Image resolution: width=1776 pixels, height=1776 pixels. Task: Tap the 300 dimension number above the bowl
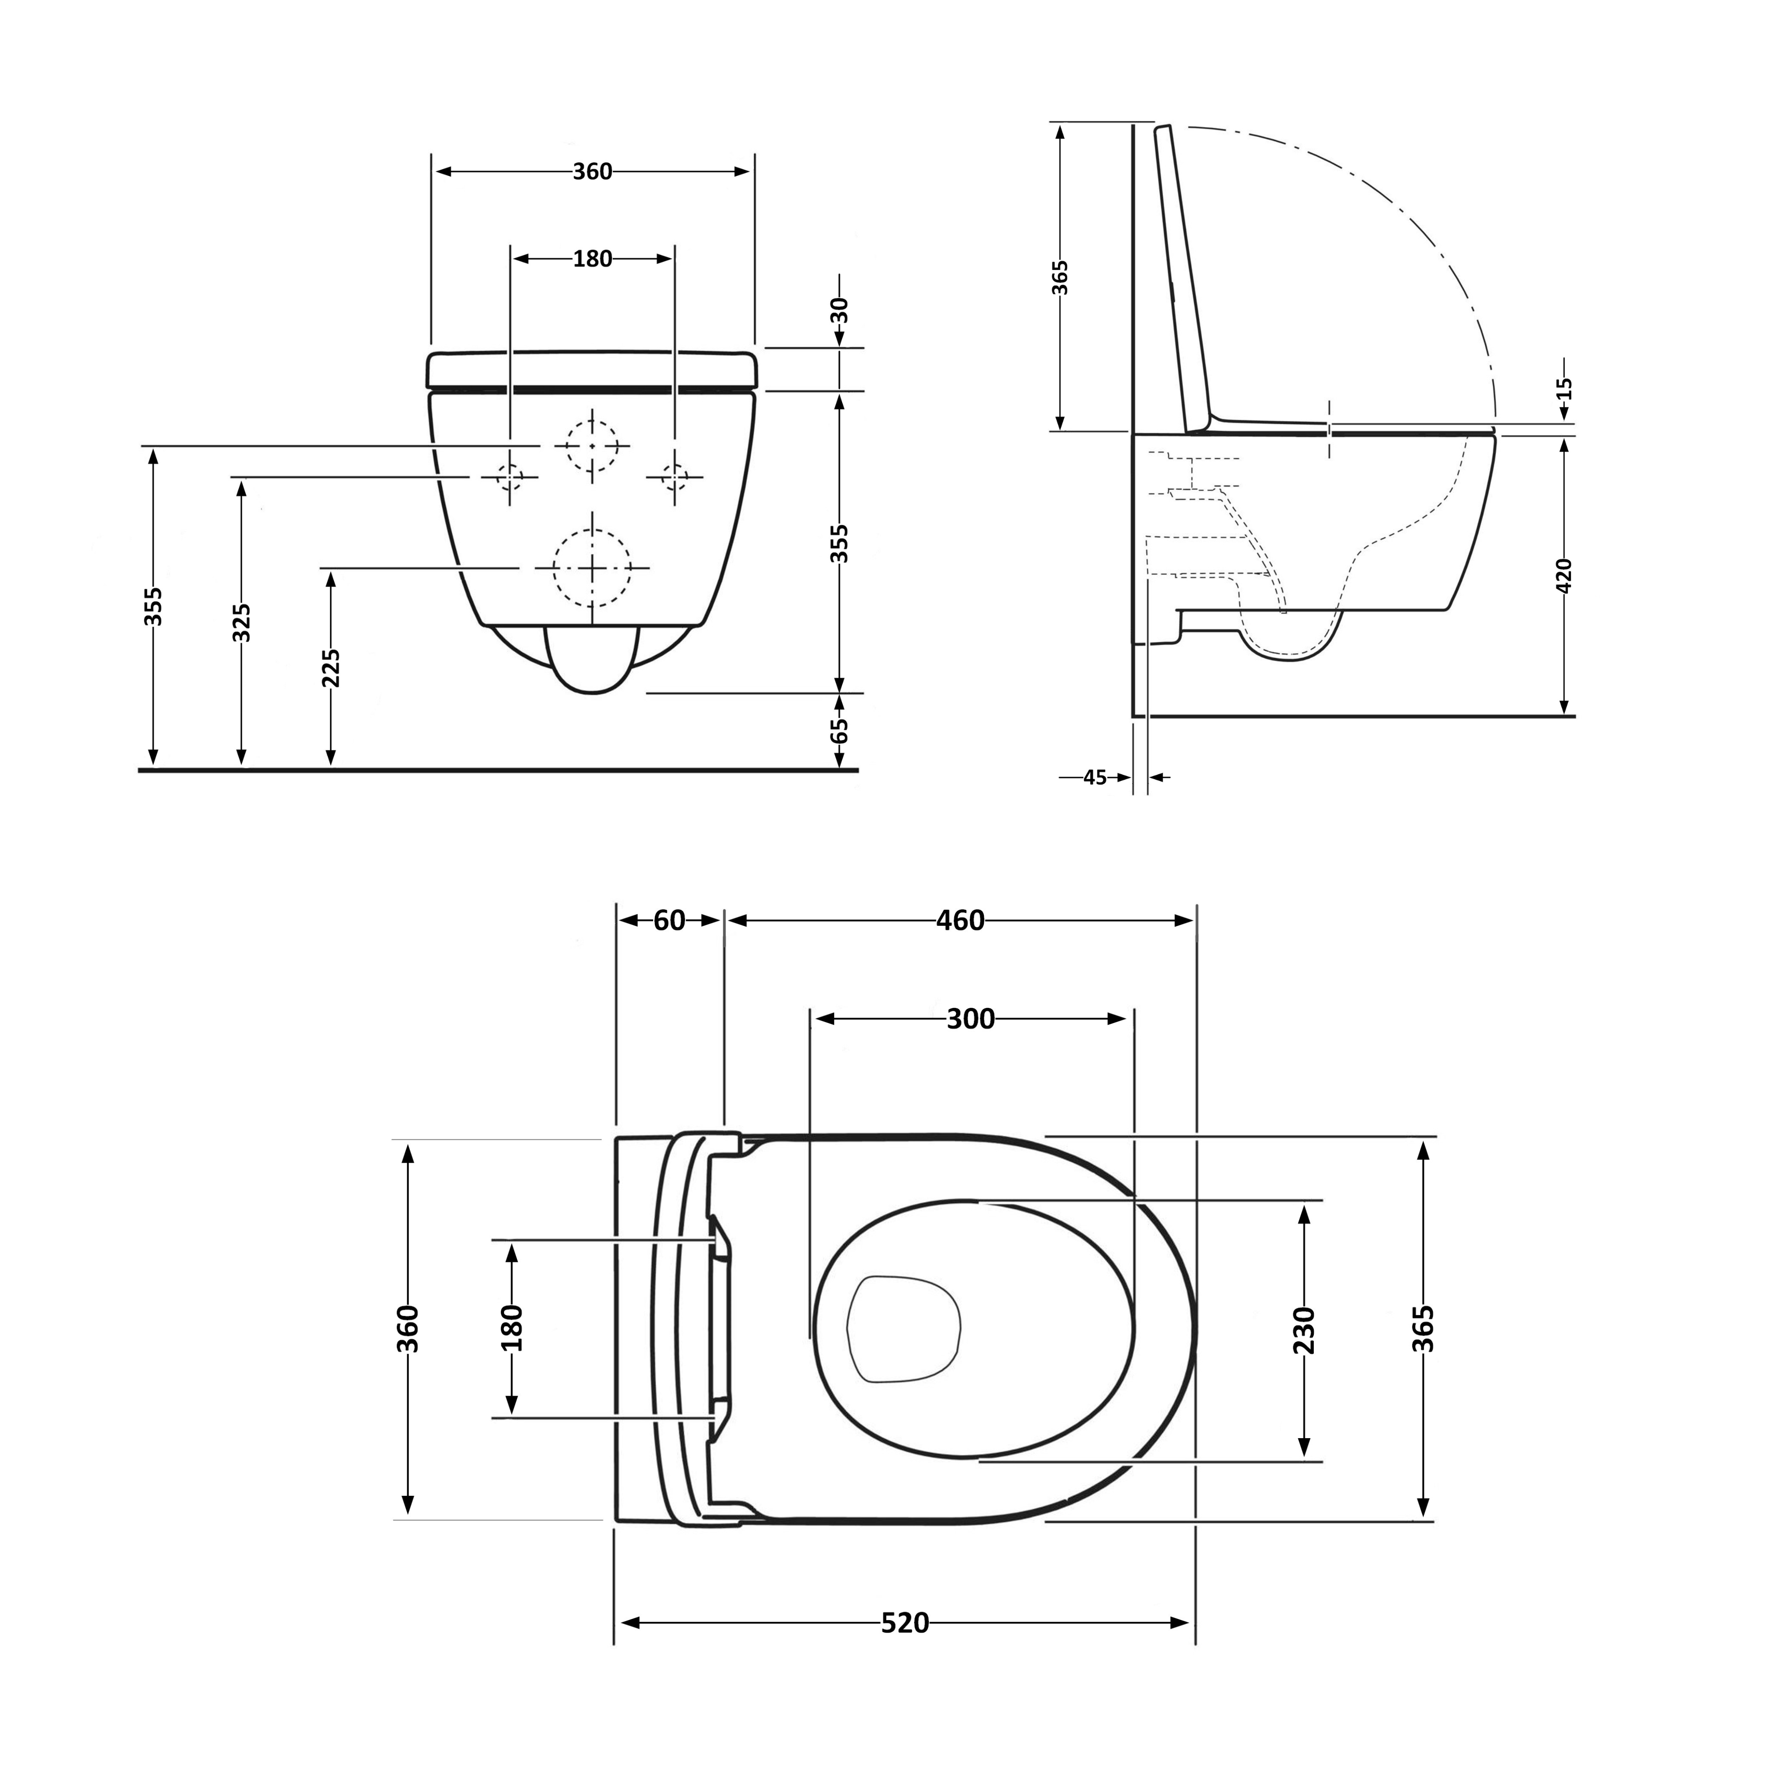(971, 1019)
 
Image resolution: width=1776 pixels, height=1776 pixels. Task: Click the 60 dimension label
(669, 920)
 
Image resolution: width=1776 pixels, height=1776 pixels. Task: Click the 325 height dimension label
(242, 623)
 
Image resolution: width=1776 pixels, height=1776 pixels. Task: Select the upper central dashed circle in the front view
(592, 446)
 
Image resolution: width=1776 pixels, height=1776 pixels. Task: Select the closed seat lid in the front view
(592, 369)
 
